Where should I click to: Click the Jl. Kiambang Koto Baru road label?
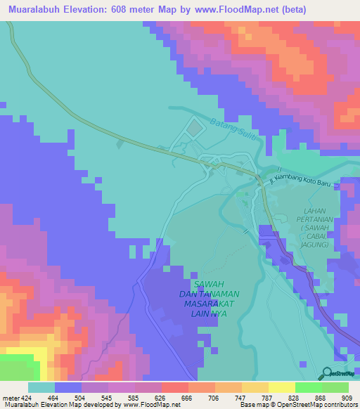(x=305, y=182)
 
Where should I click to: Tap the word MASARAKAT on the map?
(x=207, y=304)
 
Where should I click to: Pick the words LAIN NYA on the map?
(x=207, y=314)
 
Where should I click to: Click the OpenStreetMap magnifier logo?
(x=327, y=374)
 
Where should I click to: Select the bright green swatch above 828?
(x=308, y=387)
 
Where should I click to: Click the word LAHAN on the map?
(x=314, y=211)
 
